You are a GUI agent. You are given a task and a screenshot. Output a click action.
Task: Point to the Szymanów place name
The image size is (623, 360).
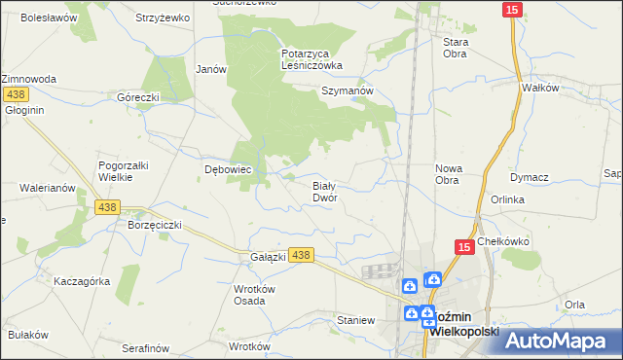point(348,90)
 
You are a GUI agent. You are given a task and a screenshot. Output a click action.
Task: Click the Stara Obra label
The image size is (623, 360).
point(456,48)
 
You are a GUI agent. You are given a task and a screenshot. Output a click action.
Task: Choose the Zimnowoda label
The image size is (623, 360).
point(28,78)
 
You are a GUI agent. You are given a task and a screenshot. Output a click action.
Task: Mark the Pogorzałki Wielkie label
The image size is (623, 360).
point(123,171)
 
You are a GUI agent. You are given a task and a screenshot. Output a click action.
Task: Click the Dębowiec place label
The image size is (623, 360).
point(202,169)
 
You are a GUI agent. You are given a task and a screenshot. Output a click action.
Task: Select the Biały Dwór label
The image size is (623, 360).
point(324,191)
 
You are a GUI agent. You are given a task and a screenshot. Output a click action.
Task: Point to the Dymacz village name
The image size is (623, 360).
point(530,177)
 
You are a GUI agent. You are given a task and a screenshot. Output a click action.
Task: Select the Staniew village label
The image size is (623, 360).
point(355,320)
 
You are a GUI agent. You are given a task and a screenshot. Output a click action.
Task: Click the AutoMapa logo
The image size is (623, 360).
point(562,341)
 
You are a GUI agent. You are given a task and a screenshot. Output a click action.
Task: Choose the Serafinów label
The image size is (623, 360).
point(146,347)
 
